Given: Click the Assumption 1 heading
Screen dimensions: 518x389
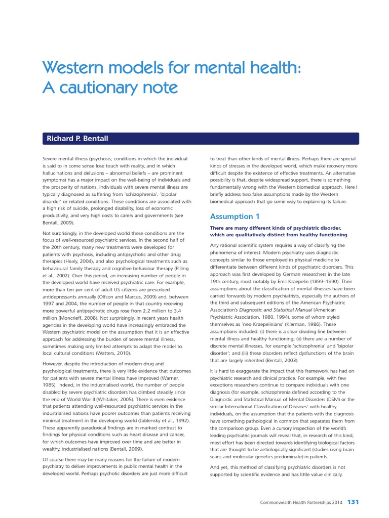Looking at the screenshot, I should click(x=231, y=217).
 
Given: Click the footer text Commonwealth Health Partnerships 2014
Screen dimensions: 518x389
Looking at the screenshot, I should click(x=301, y=502).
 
